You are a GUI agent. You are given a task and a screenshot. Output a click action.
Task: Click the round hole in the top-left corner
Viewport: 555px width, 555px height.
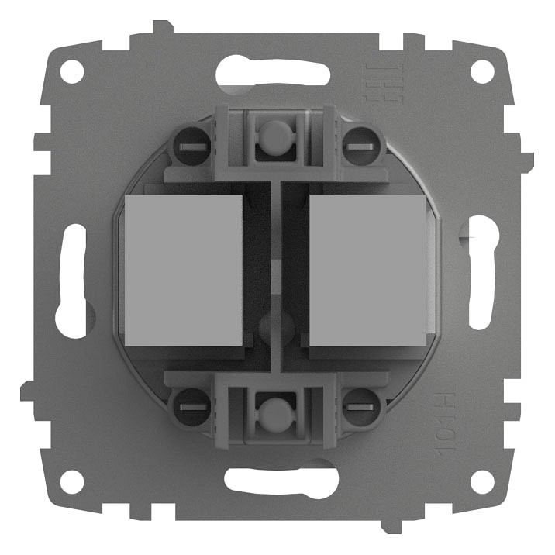(71, 72)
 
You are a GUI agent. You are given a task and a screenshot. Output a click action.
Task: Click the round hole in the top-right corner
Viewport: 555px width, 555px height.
(482, 72)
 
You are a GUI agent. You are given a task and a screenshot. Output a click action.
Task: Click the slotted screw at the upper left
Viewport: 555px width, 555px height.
(190, 145)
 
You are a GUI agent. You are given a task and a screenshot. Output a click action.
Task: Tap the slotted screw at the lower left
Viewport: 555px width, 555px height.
(190, 405)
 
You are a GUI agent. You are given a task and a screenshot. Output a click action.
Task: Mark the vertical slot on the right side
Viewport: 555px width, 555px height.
(481, 275)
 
